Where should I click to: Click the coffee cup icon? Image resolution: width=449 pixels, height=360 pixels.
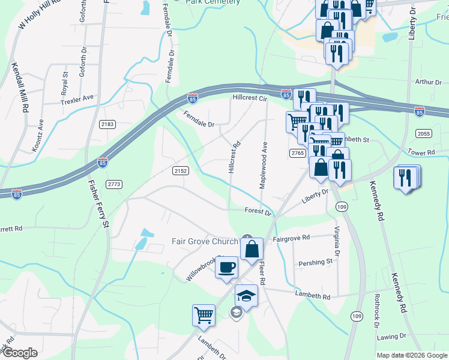(x=226, y=266)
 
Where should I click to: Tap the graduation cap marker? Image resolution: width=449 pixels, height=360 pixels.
(x=246, y=295)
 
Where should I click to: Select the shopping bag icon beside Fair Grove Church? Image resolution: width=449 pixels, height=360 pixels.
(x=252, y=248)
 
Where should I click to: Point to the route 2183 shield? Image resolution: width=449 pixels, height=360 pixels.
(x=107, y=124)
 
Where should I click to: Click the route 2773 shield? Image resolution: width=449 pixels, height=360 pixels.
(x=114, y=183)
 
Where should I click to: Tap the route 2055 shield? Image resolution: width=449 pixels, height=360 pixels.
(x=424, y=133)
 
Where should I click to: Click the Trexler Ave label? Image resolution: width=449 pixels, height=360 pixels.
(x=78, y=98)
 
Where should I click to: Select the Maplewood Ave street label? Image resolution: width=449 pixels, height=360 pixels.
(x=264, y=165)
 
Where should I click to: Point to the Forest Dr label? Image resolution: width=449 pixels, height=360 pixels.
(x=258, y=211)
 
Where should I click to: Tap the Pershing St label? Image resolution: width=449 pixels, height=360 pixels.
(x=316, y=262)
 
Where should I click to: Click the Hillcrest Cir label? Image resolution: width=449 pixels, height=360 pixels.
(x=250, y=98)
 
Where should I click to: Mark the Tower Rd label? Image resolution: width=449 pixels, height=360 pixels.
(x=421, y=152)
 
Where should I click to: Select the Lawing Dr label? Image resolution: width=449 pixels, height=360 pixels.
(x=392, y=337)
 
